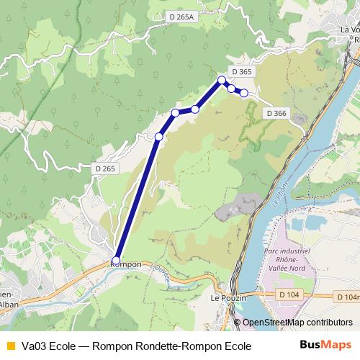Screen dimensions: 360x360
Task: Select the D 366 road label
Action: (x=276, y=113)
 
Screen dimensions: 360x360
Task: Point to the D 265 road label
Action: (x=104, y=168)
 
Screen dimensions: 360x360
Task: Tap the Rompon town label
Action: (x=127, y=264)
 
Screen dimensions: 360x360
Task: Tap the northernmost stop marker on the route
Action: (x=222, y=80)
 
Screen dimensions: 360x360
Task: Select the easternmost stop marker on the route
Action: (x=243, y=93)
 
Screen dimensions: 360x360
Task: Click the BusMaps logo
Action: (x=325, y=346)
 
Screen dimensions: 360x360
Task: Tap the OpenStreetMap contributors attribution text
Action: (x=297, y=323)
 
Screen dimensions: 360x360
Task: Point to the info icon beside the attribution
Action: (x=237, y=323)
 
